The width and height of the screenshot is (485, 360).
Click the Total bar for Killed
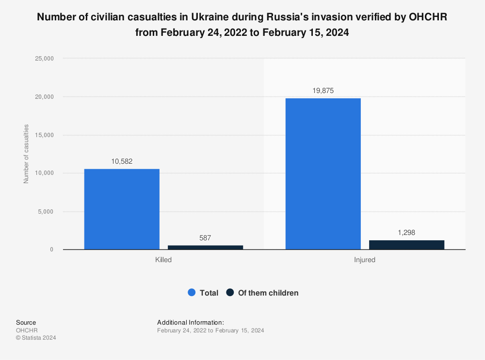pyautogui.click(x=122, y=209)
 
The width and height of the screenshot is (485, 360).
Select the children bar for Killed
pyautogui.click(x=205, y=247)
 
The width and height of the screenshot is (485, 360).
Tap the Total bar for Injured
pyautogui.click(x=323, y=174)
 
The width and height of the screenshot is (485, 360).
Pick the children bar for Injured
pyautogui.click(x=406, y=245)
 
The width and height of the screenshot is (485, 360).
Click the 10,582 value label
pyautogui.click(x=122, y=161)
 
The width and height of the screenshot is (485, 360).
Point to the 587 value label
pyautogui.click(x=205, y=238)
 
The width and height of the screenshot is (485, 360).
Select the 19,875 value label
pyautogui.click(x=323, y=91)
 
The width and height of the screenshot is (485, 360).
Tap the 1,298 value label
pyautogui.click(x=406, y=233)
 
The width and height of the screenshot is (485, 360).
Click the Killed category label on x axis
pyautogui.click(x=163, y=260)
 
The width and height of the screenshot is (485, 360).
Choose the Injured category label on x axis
pyautogui.click(x=365, y=260)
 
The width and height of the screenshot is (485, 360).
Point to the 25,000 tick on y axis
pyautogui.click(x=44, y=59)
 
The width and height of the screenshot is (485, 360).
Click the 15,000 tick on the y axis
pyautogui.click(x=44, y=135)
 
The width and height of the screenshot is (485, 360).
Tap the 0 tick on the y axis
pyautogui.click(x=51, y=250)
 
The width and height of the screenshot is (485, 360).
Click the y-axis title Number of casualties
pyautogui.click(x=26, y=154)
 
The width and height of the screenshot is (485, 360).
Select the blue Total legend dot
pyautogui.click(x=191, y=293)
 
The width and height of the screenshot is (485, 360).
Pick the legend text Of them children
pyautogui.click(x=268, y=293)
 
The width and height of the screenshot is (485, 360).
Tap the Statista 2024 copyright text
pyautogui.click(x=36, y=338)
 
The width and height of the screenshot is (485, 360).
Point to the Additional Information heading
pyautogui.click(x=191, y=322)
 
